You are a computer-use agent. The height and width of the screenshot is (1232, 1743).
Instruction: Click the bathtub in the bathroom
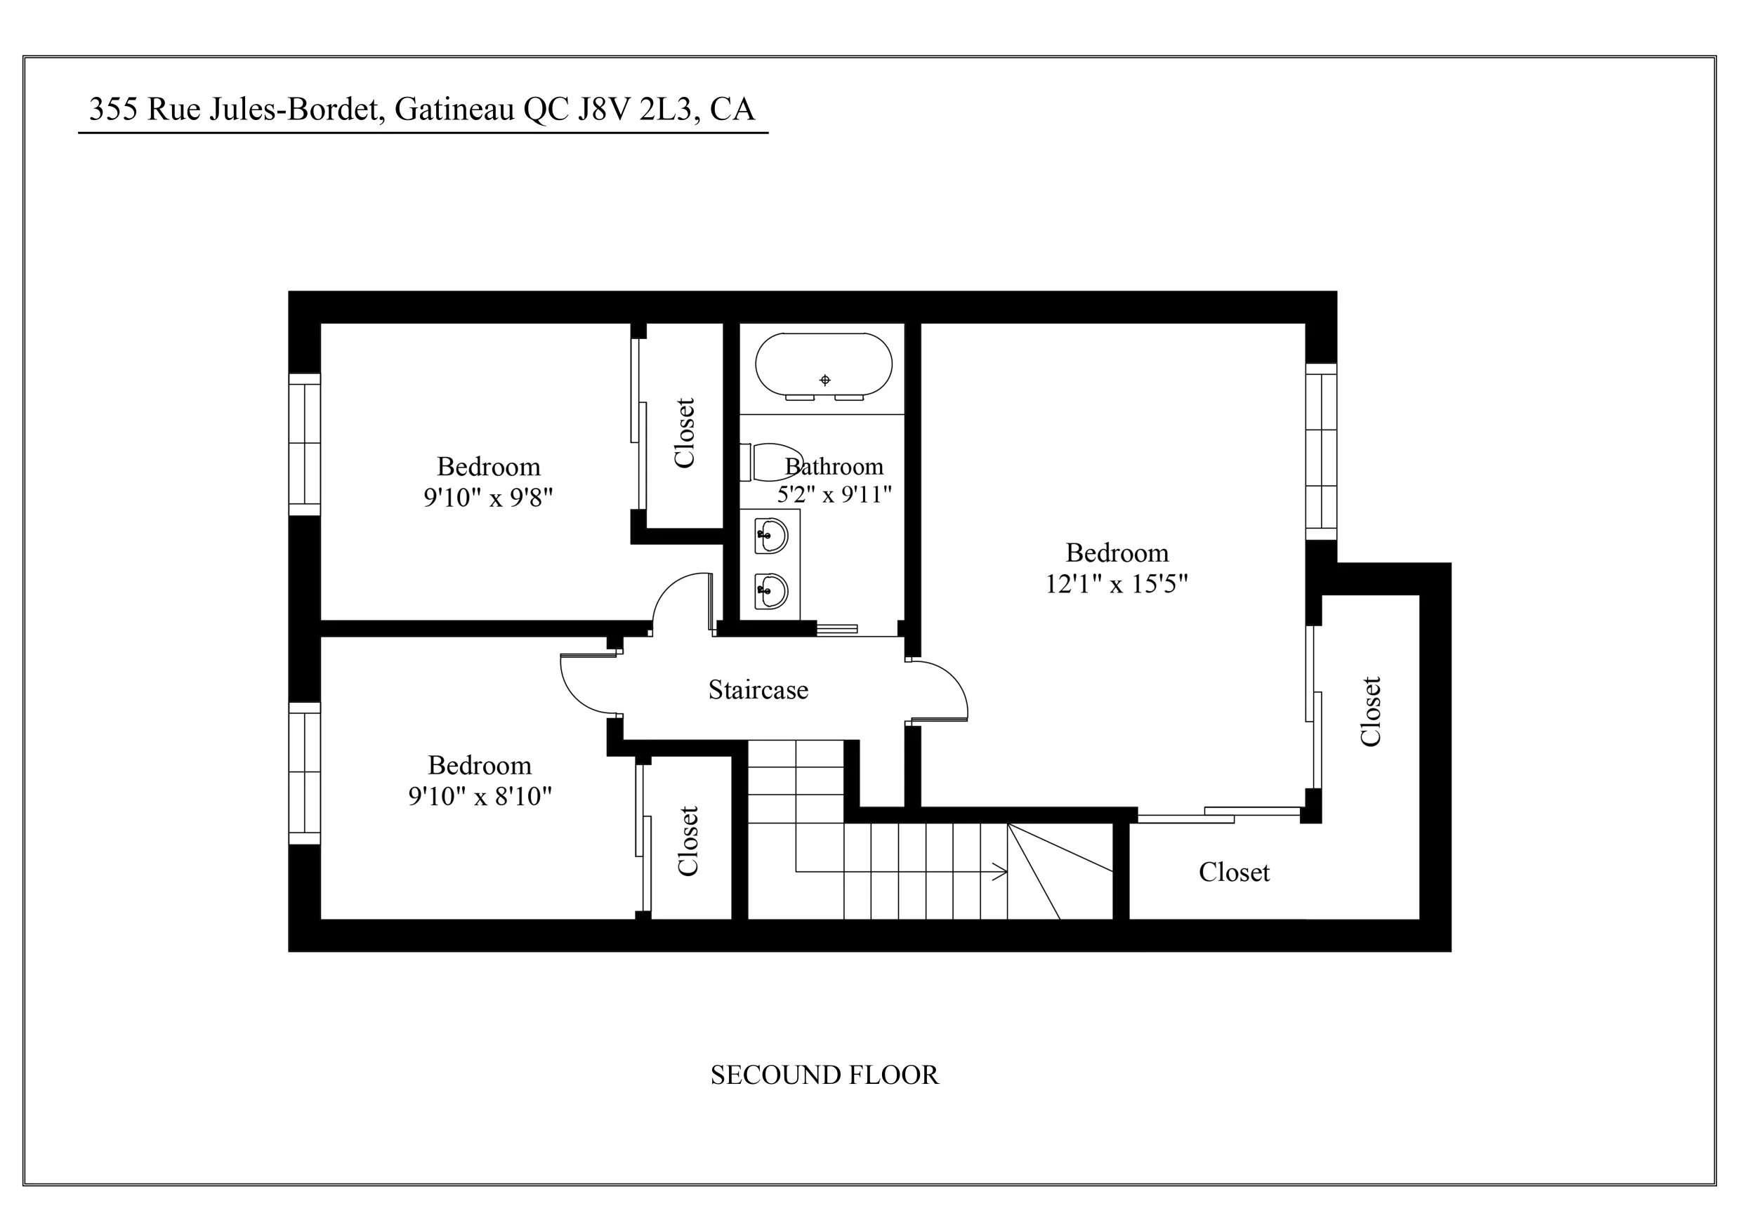click(x=823, y=364)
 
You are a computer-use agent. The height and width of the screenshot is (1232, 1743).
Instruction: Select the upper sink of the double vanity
click(x=771, y=535)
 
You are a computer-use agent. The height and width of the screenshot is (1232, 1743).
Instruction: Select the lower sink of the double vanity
click(x=771, y=590)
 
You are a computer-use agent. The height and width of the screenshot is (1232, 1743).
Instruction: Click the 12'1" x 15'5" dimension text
click(x=1116, y=584)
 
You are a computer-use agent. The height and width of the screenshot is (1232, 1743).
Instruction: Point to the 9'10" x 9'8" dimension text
click(x=487, y=498)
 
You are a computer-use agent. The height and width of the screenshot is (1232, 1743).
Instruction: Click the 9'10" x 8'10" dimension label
click(x=480, y=796)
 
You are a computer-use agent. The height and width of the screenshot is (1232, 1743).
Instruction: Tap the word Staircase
click(x=758, y=690)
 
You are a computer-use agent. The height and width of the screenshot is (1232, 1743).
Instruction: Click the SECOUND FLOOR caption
click(x=824, y=1075)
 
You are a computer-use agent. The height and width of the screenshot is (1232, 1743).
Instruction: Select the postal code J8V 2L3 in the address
click(x=635, y=110)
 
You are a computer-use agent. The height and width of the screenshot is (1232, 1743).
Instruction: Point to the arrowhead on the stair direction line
click(x=1002, y=872)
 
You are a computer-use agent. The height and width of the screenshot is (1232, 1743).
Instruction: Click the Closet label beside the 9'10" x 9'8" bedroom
click(x=684, y=432)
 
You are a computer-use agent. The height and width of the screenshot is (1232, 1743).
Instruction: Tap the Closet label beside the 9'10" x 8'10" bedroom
click(x=688, y=841)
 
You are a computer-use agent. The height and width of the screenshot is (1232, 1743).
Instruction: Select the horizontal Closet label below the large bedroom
click(x=1234, y=872)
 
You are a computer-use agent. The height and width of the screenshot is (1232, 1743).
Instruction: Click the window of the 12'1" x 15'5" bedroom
click(x=1321, y=451)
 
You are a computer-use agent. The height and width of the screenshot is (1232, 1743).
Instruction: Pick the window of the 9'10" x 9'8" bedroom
click(x=304, y=444)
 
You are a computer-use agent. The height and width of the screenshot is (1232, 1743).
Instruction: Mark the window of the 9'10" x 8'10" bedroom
click(x=304, y=773)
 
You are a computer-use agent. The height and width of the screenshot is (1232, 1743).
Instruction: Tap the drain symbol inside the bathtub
click(x=825, y=380)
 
